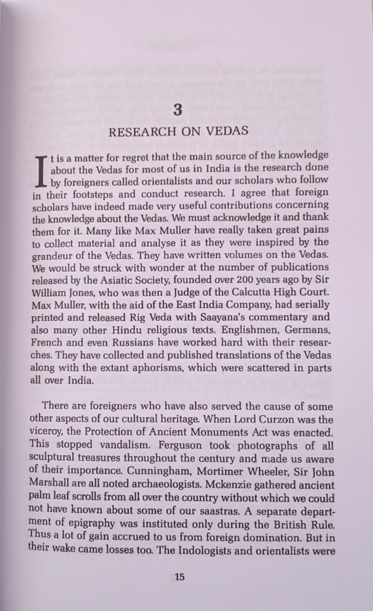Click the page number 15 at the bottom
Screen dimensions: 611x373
coord(179,577)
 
